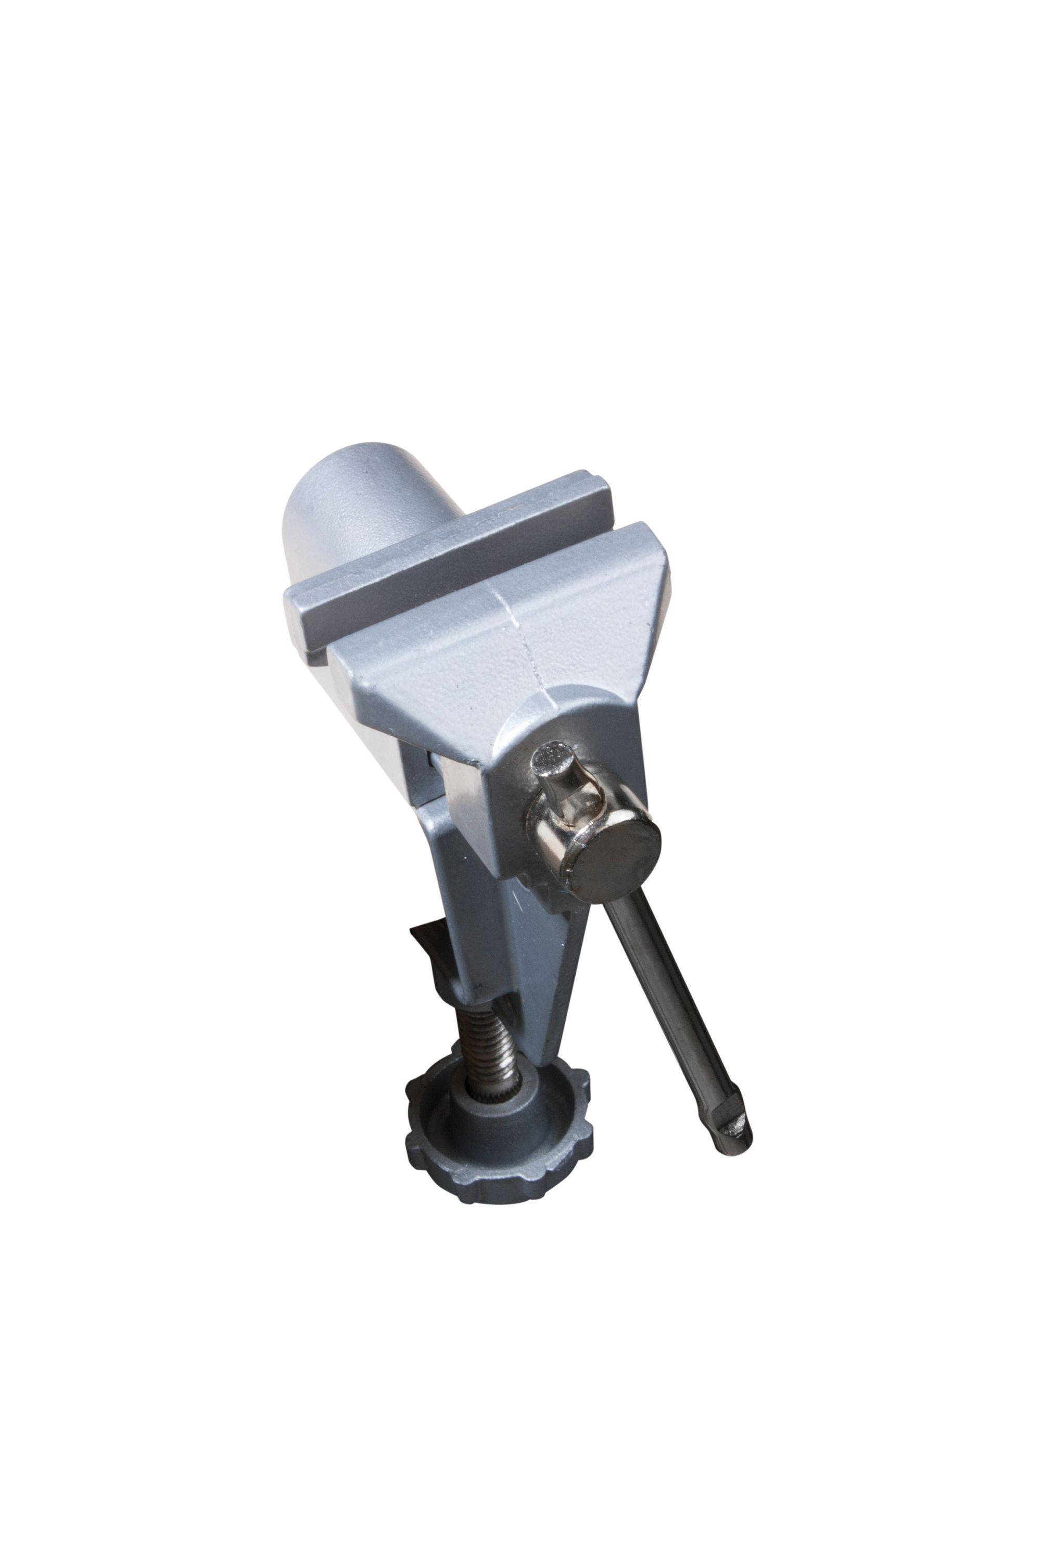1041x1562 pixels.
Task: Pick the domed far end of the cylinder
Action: point(319,505)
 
